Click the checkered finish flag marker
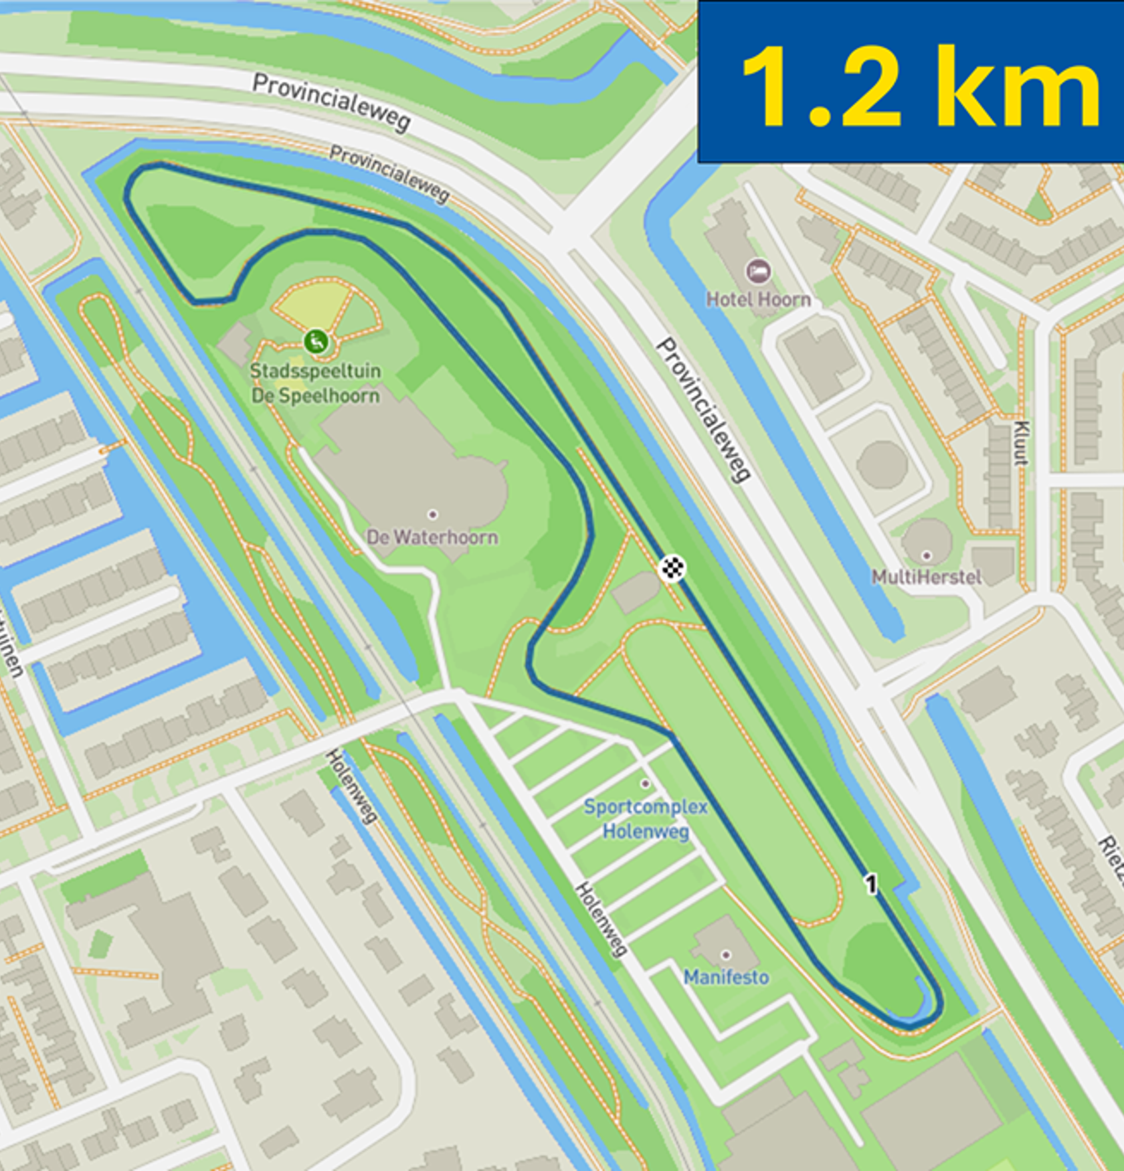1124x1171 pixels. pyautogui.click(x=672, y=568)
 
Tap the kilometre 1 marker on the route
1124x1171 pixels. pyautogui.click(x=870, y=884)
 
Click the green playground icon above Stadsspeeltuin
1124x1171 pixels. pyautogui.click(x=316, y=341)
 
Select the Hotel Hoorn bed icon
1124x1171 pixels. pyautogui.click(x=757, y=272)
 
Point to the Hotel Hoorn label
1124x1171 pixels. pyautogui.click(x=759, y=299)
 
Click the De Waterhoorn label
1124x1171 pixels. pyautogui.click(x=432, y=537)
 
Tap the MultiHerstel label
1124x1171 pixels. pyautogui.click(x=927, y=577)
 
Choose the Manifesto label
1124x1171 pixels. pyautogui.click(x=726, y=978)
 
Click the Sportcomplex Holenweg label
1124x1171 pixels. pyautogui.click(x=646, y=819)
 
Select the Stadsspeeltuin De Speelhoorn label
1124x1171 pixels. pyautogui.click(x=315, y=383)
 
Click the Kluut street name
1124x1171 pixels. pyautogui.click(x=1020, y=443)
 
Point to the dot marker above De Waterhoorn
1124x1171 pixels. pyautogui.click(x=433, y=514)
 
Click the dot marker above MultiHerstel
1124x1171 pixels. pyautogui.click(x=927, y=555)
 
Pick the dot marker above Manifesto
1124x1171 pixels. pyautogui.click(x=726, y=955)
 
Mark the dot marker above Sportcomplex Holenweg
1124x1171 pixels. pyautogui.click(x=645, y=784)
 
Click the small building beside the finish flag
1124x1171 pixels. pyautogui.click(x=638, y=592)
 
